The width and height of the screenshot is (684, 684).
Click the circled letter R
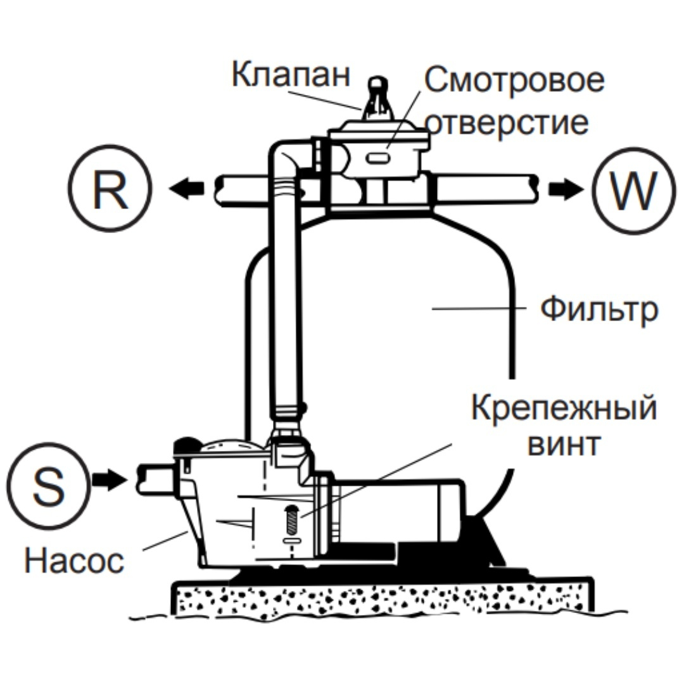[x=110, y=189]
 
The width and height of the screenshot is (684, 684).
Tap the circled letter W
[x=634, y=189]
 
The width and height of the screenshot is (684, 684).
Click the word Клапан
[x=291, y=75]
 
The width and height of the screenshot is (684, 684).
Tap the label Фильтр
[x=598, y=310]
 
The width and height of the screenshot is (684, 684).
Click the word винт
[x=563, y=445]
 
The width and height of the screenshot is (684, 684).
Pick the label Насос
[x=74, y=560]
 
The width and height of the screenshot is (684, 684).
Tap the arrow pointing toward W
[x=564, y=189]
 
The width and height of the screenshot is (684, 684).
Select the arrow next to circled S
[x=108, y=480]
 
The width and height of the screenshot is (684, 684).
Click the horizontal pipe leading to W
[x=488, y=189]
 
